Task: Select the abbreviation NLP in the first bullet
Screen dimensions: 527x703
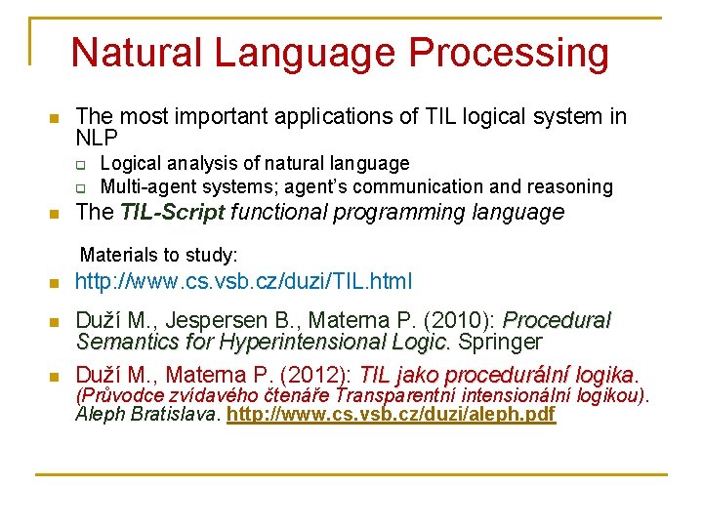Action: click(97, 139)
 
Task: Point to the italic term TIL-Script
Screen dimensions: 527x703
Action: click(173, 212)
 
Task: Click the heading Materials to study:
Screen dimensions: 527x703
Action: click(158, 255)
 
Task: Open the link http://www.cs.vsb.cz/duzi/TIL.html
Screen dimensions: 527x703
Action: click(244, 283)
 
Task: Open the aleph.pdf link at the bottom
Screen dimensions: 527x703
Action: click(391, 414)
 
